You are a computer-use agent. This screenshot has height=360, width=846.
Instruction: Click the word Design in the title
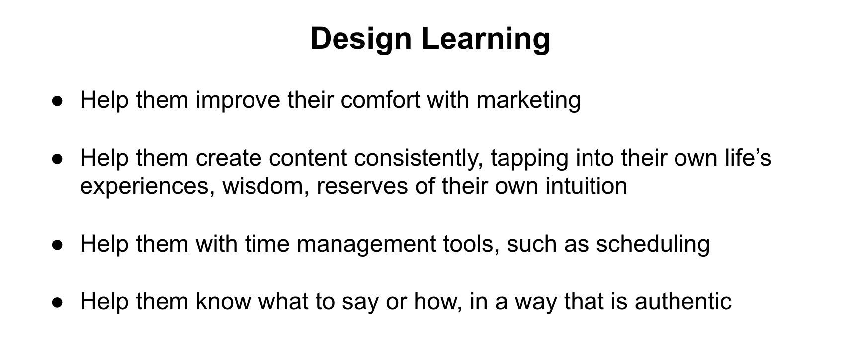pos(361,39)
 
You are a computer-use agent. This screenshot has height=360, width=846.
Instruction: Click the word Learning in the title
pos(486,39)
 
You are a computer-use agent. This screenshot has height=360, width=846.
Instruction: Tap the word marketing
pos(528,101)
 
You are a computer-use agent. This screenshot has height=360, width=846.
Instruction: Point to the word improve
pos(238,101)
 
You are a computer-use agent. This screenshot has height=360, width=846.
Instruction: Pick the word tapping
pos(529,158)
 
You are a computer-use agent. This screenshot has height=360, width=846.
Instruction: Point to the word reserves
pos(362,187)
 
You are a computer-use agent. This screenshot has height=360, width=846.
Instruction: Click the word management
pos(366,245)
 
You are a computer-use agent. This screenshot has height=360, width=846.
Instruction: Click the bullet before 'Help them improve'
pos(57,101)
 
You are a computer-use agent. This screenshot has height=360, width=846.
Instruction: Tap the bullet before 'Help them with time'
pos(57,245)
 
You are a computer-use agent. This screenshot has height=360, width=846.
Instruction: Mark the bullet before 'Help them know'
pos(57,303)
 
